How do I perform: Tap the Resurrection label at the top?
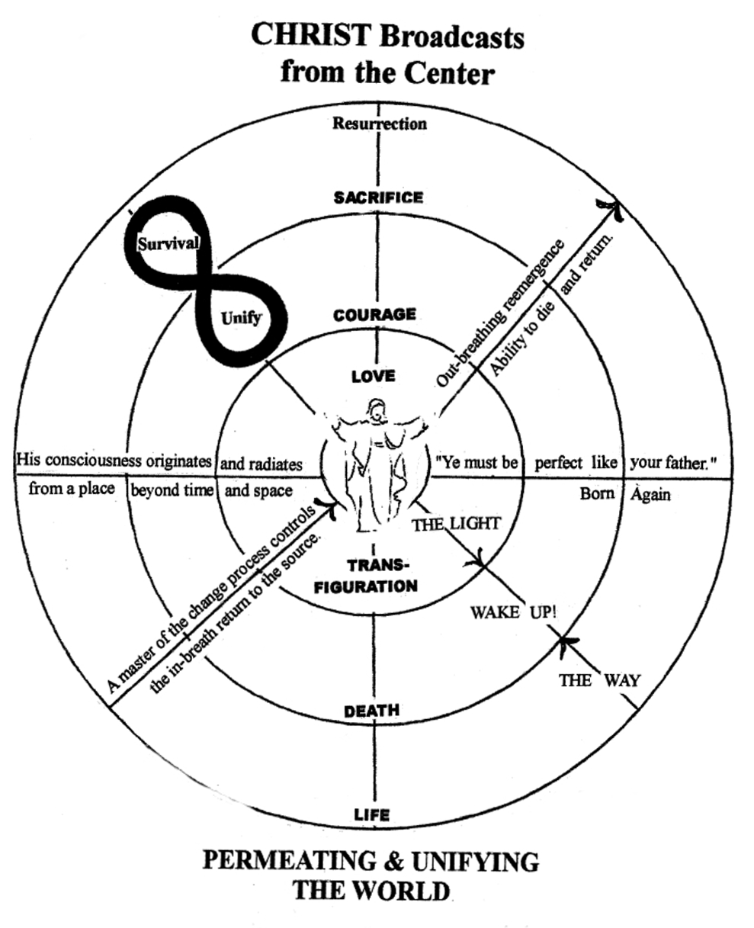[379, 123]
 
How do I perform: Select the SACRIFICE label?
[378, 197]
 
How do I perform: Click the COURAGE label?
[374, 314]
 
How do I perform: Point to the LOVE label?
[373, 376]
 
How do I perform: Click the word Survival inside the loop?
[168, 244]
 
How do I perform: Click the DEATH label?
[372, 711]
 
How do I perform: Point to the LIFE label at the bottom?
[372, 815]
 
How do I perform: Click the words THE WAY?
[599, 680]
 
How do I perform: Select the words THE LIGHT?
[456, 524]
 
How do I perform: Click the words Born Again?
[625, 493]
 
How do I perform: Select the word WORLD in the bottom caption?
[410, 890]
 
